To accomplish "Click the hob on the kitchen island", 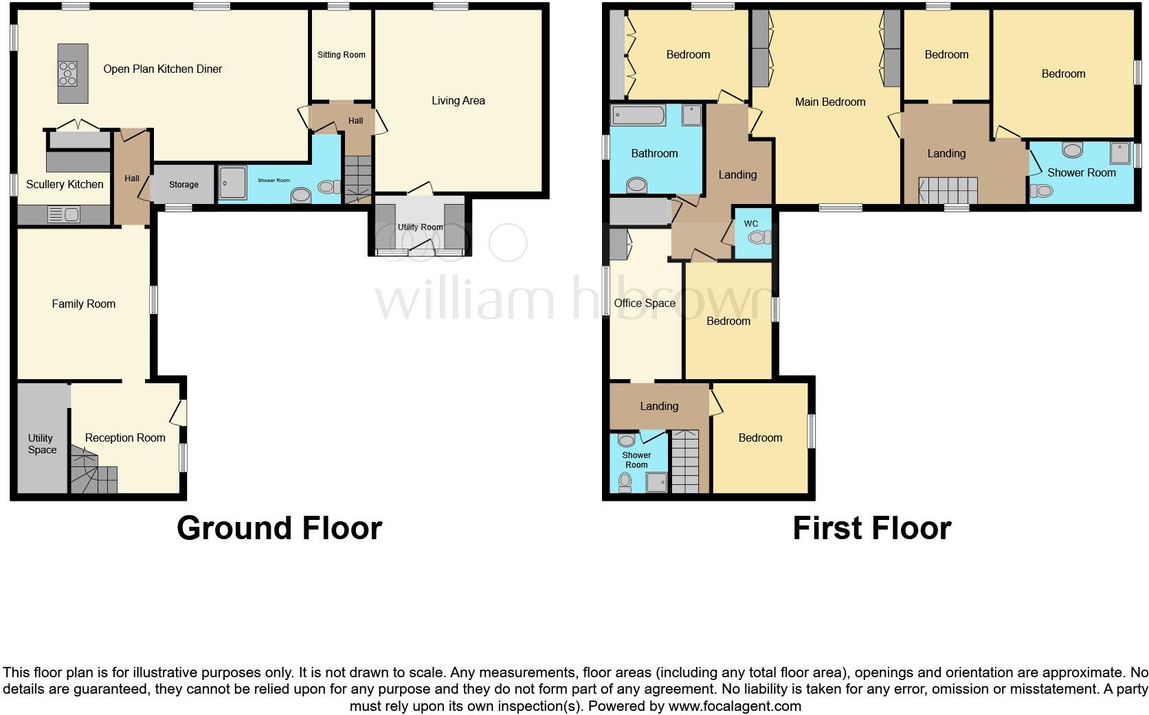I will [69, 73].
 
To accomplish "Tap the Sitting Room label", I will [342, 55].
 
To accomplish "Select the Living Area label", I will [458, 101].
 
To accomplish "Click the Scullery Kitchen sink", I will [64, 215].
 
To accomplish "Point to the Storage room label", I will [183, 185].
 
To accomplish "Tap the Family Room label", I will [84, 304].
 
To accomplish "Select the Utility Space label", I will [41, 444].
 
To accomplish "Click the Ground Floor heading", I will [279, 528].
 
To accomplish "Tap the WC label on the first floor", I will [751, 224].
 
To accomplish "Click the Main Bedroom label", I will [830, 102].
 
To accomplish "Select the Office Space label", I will [645, 303].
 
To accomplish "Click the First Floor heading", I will [872, 528].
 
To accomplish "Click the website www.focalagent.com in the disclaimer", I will [734, 706].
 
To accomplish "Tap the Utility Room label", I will [421, 227].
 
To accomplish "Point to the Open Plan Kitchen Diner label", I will [163, 69].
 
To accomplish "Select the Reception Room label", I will [125, 438].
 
